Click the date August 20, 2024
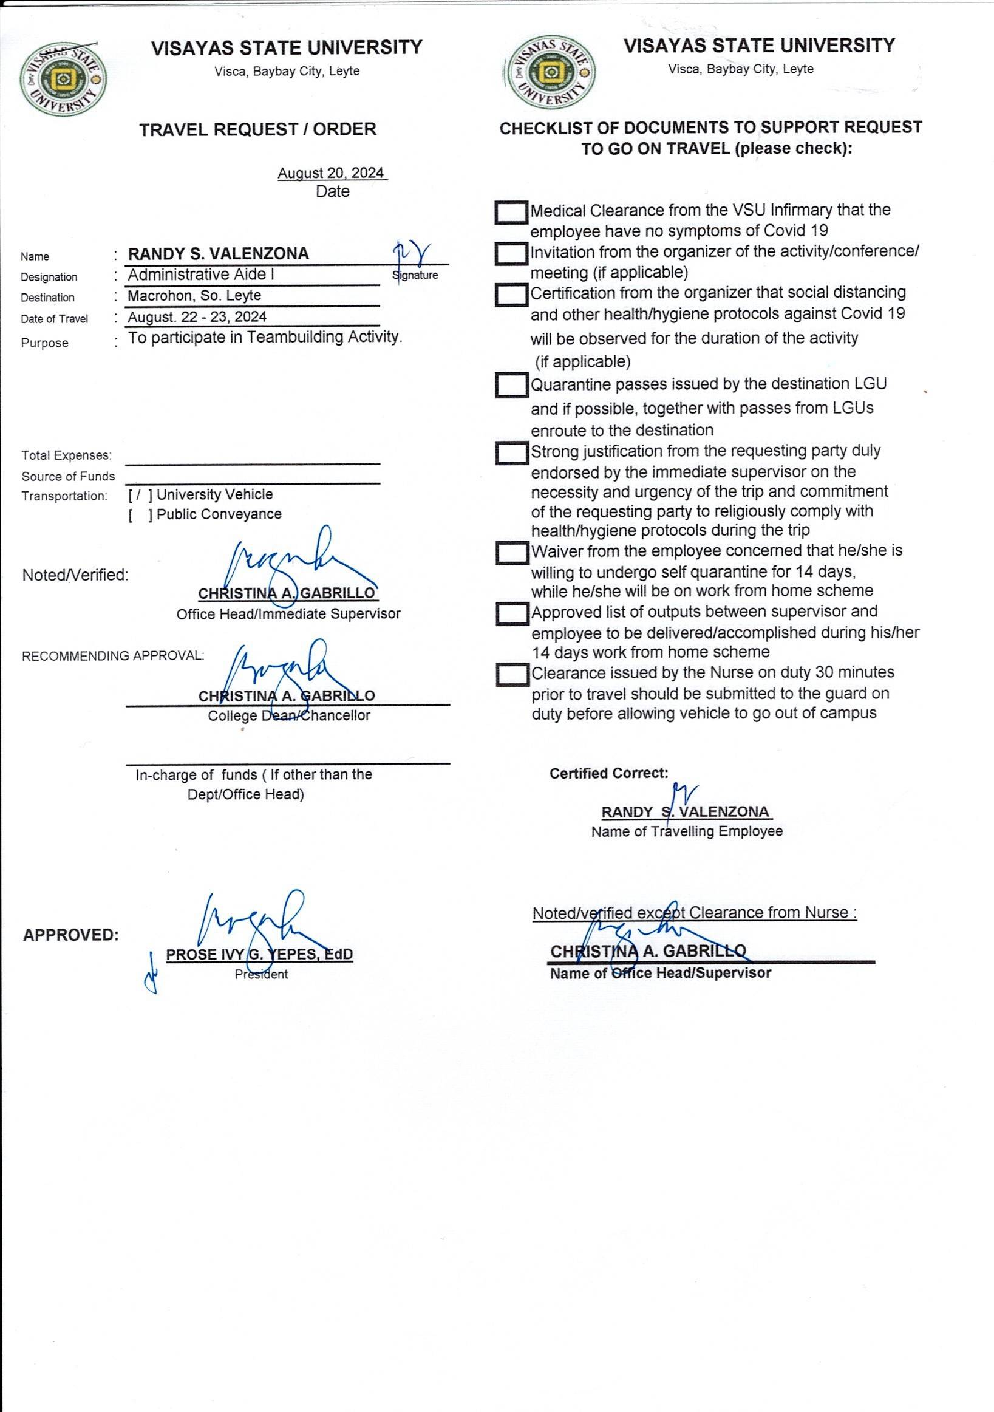coord(332,174)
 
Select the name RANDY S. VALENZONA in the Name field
coord(218,254)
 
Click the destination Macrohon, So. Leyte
coord(194,296)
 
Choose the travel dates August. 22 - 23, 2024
coord(197,318)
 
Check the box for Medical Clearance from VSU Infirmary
coord(511,213)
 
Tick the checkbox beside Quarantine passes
coord(511,386)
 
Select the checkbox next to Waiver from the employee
coord(511,552)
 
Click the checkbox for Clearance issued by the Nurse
coord(511,675)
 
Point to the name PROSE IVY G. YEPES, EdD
coord(259,955)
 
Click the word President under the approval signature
coord(261,974)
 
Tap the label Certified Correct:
coord(608,774)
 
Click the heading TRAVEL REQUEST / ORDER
coord(257,130)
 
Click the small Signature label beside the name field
coord(415,276)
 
